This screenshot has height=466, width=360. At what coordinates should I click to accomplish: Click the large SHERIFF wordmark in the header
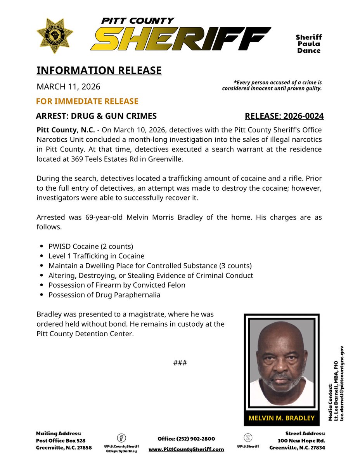point(180,39)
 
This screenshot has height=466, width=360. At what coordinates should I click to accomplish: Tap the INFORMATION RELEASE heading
point(99,70)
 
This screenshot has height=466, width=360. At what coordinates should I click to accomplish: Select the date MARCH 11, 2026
point(68,86)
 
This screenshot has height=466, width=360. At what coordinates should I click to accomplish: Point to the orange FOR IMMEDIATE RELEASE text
point(87,101)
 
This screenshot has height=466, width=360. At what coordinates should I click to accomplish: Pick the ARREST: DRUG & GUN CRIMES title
point(96,116)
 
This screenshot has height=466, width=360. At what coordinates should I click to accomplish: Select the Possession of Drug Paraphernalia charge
point(104,295)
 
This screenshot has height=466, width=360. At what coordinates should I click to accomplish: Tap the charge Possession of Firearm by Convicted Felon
point(117,285)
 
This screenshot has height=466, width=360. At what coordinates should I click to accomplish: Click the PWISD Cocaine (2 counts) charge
point(90,246)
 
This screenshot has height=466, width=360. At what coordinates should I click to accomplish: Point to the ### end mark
point(180,363)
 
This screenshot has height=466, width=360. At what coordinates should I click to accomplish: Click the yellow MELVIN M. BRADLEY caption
point(282,418)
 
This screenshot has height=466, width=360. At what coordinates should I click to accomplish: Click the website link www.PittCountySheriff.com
point(186,449)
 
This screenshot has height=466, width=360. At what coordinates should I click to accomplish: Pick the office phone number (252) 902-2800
point(186,438)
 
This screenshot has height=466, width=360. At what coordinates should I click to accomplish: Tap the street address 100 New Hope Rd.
point(301,440)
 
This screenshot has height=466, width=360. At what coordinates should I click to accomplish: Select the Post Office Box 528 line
point(61,440)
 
